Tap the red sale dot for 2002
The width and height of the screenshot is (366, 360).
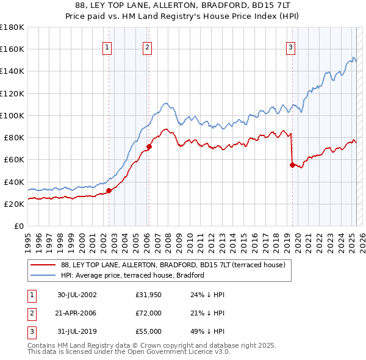click(x=109, y=190)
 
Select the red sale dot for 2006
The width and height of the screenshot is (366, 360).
click(x=149, y=146)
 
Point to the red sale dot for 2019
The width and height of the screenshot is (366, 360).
click(x=292, y=165)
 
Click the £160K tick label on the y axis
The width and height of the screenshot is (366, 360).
click(x=12, y=49)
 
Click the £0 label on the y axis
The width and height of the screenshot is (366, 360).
click(x=19, y=226)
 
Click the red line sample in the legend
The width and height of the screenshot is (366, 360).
click(x=42, y=265)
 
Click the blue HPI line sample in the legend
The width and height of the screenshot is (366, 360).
click(x=42, y=276)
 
